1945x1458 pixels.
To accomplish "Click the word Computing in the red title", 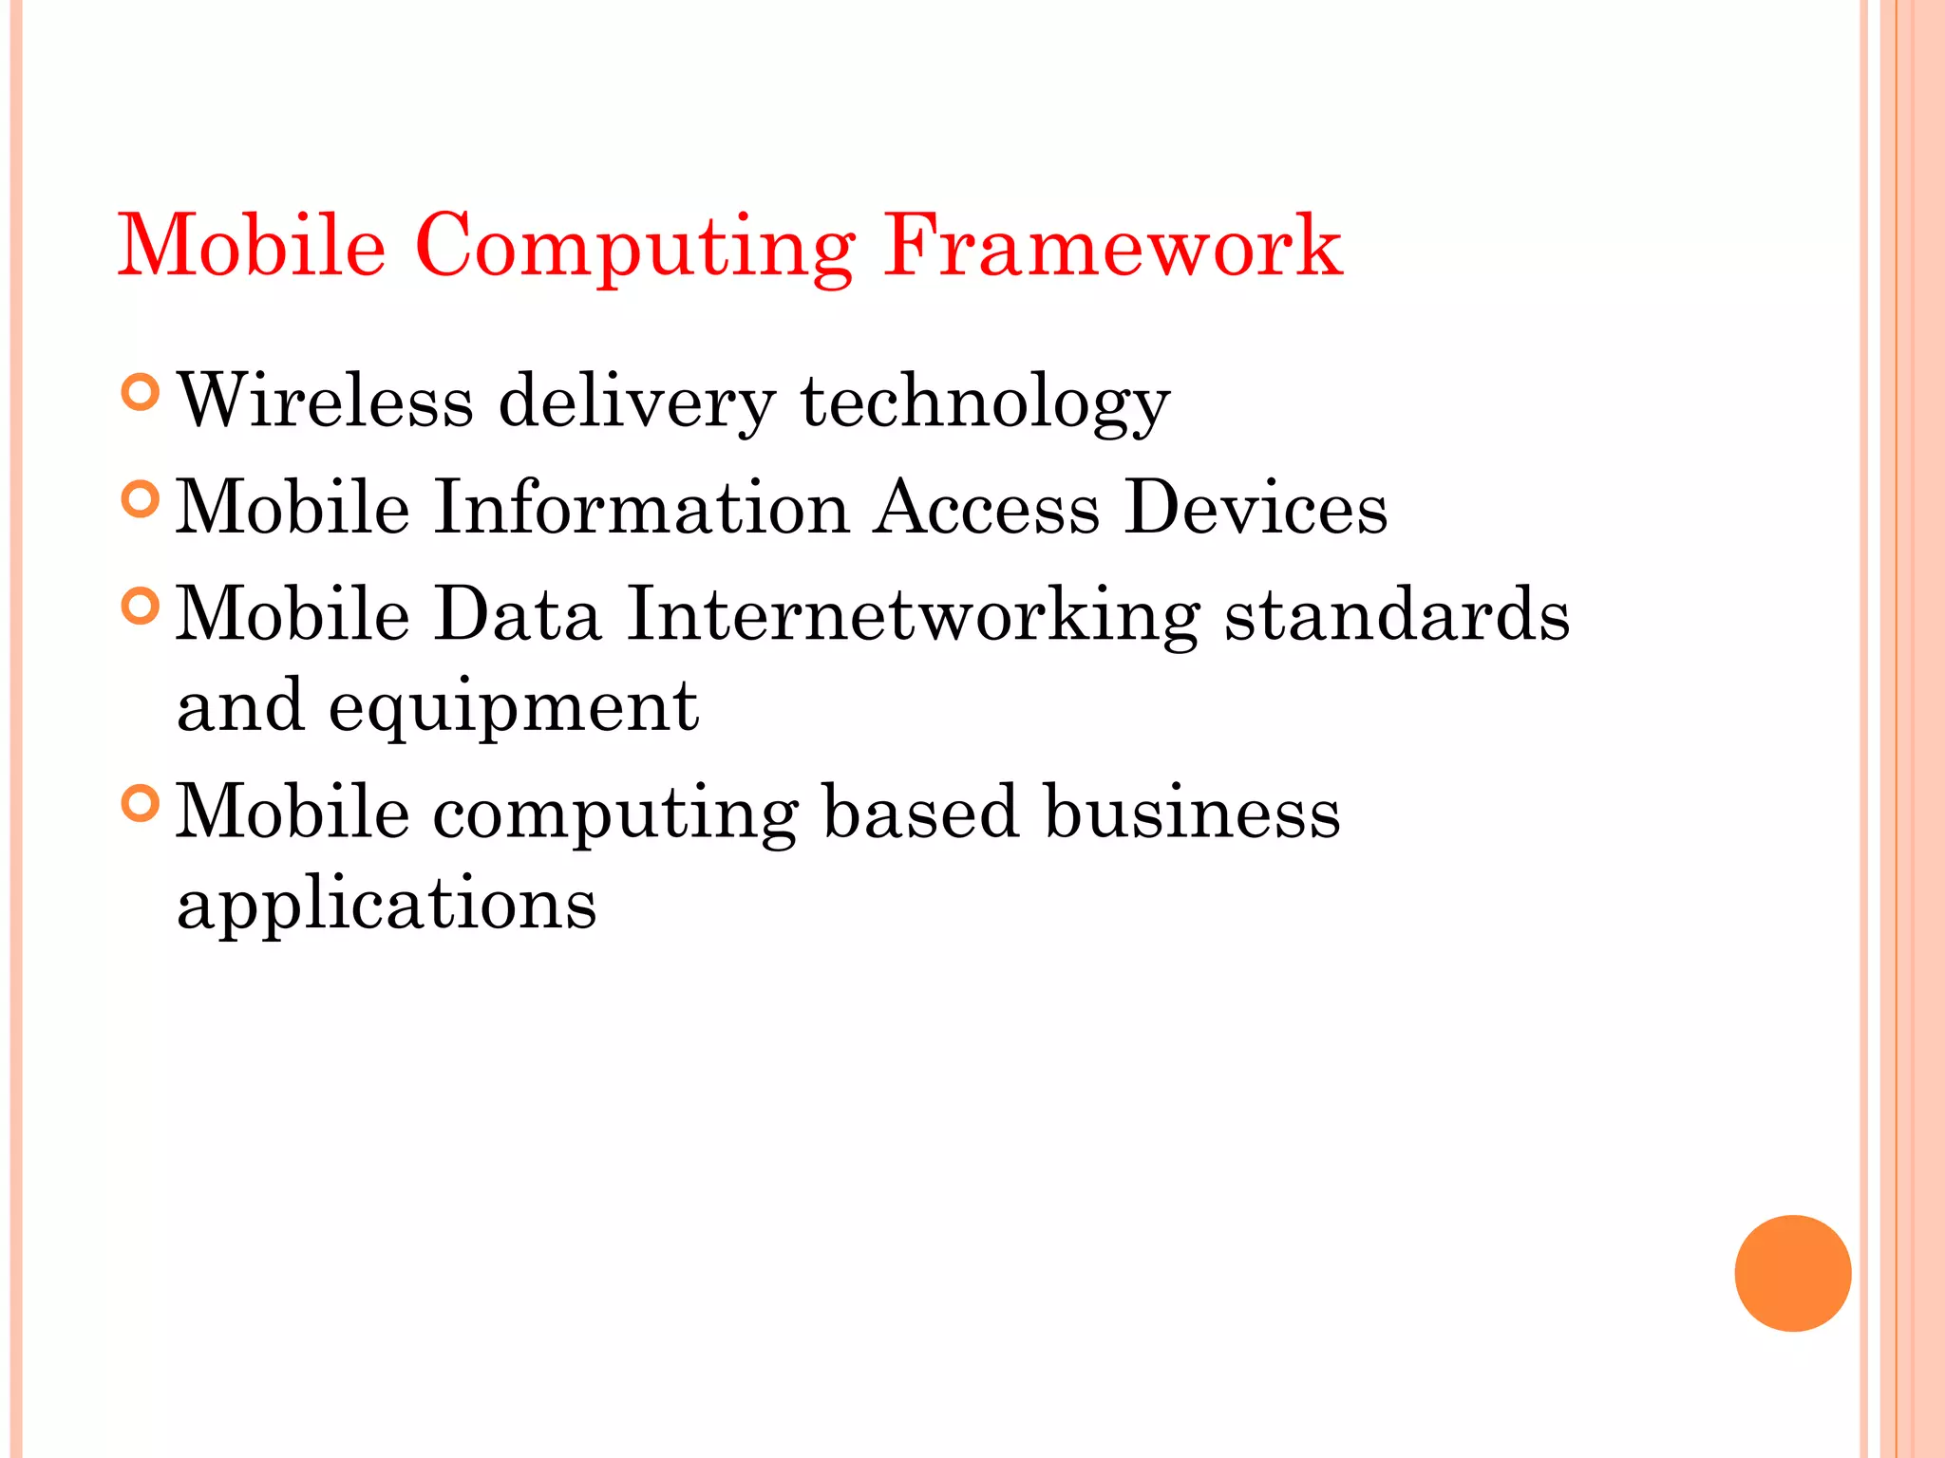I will pyautogui.click(x=634, y=248).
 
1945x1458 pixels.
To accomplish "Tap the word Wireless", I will pyautogui.click(x=326, y=402).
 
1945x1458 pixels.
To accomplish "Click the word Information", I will pyautogui.click(x=641, y=508).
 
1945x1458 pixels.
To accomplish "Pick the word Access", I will pyautogui.click(x=987, y=508).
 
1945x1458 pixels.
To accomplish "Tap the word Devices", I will pyautogui.click(x=1256, y=508).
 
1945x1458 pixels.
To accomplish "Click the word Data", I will pyautogui.click(x=518, y=614).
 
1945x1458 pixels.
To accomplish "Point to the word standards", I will pyautogui.click(x=1397, y=614).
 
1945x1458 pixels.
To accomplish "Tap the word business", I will pyautogui.click(x=1192, y=813).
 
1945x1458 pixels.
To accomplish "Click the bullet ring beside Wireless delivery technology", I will pyautogui.click(x=141, y=392).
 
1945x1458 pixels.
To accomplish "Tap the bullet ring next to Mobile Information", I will pyautogui.click(x=141, y=498).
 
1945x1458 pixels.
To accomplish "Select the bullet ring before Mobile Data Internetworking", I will pyautogui.click(x=141, y=606).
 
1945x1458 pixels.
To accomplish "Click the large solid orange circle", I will pyautogui.click(x=1792, y=1273).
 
